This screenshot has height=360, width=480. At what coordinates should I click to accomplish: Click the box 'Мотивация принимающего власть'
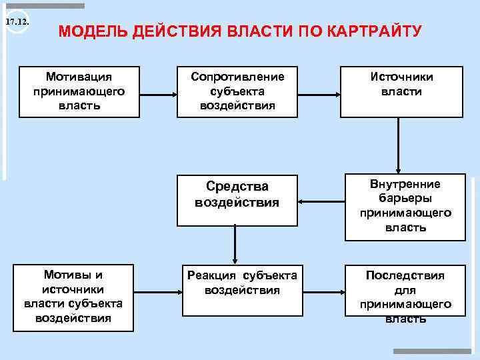pyautogui.click(x=79, y=91)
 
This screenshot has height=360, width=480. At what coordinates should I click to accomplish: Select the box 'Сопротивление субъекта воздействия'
pyautogui.click(x=237, y=91)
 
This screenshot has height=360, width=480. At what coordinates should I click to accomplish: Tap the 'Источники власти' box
pyautogui.click(x=402, y=91)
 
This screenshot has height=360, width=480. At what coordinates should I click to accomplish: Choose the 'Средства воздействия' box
pyautogui.click(x=237, y=200)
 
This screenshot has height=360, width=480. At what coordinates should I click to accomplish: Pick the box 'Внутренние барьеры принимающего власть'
pyautogui.click(x=405, y=206)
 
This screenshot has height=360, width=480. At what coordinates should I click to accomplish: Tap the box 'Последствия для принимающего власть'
pyautogui.click(x=405, y=296)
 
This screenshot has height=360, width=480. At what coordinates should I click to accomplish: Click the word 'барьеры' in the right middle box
pyautogui.click(x=405, y=199)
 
